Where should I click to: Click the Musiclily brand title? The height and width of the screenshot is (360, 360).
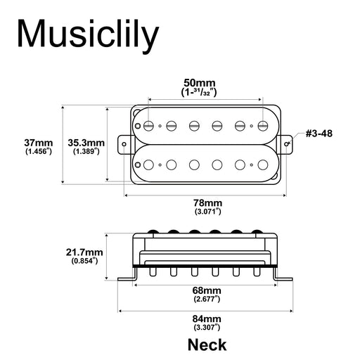[x=88, y=35]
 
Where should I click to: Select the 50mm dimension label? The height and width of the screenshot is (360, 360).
[x=199, y=83]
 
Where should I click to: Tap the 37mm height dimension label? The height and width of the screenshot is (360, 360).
[x=39, y=143]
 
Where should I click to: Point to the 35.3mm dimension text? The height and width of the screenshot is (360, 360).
[x=86, y=143]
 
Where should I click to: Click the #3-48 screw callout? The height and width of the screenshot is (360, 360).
[x=319, y=134]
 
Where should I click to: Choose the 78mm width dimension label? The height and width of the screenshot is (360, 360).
[x=207, y=202]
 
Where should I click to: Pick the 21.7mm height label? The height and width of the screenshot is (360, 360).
[x=84, y=252]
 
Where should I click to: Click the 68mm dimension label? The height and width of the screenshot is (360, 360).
[x=207, y=290]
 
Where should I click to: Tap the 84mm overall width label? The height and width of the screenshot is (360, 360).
[x=207, y=319]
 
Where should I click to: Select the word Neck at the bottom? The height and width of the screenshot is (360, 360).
[x=207, y=345]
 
